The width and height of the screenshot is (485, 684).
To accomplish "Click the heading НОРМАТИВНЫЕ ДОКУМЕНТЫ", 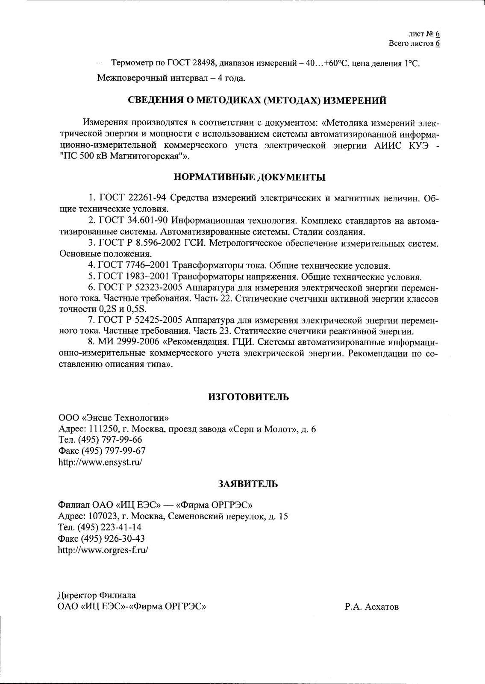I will [250, 177].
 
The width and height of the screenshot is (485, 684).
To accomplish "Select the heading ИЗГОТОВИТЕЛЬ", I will [248, 397].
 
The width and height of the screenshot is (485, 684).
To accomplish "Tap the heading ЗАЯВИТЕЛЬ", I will [248, 484].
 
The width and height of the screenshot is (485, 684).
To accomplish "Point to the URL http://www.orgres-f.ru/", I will [103, 550].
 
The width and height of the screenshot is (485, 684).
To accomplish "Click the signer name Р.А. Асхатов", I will [371, 607].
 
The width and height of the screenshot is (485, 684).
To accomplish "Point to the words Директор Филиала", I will [97, 595].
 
